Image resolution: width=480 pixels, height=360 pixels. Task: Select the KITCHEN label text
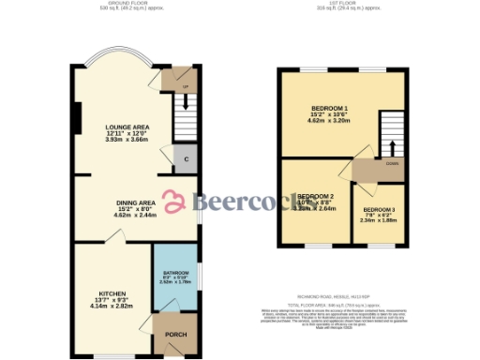point(112,293)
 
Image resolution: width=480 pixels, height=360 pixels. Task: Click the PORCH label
point(175,335)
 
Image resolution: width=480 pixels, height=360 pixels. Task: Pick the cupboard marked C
point(186,160)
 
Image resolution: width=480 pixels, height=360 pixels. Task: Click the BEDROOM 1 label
point(329,109)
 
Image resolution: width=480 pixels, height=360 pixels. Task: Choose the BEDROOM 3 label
point(379,209)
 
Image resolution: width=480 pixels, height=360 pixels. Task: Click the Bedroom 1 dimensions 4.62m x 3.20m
point(329,122)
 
